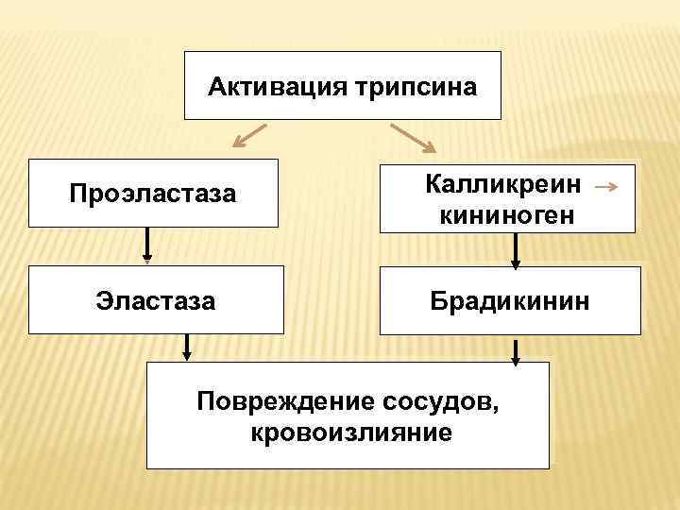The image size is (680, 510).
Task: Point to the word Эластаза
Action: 156,301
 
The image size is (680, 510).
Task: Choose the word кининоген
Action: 506,216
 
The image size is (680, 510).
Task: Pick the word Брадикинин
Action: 510,301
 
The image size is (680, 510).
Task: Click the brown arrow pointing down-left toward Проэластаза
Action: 251,137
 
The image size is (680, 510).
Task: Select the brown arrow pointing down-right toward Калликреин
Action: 412,138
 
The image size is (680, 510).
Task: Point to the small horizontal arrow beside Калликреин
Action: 608,187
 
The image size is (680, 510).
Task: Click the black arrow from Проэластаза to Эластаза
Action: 146,245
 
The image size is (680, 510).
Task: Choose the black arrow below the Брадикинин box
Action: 516,351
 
